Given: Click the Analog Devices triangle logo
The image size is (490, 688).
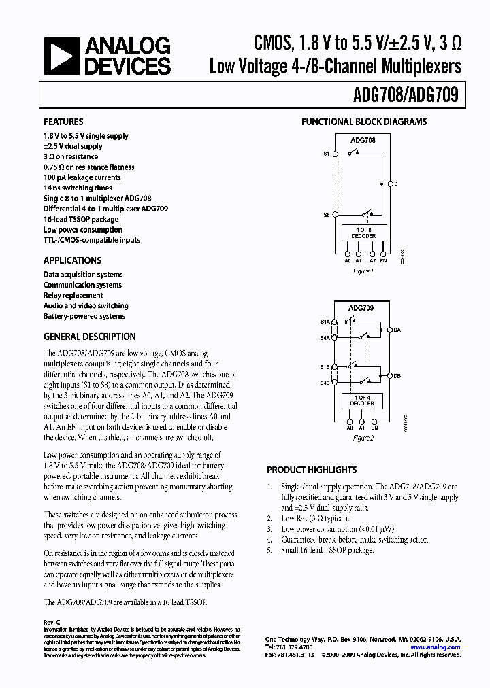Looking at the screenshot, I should tap(60, 56).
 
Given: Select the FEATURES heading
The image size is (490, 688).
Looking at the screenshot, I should tap(63, 122).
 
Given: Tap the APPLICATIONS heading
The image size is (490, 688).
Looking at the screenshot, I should tap(72, 260).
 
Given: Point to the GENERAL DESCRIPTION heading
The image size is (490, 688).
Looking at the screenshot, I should tap(89, 337).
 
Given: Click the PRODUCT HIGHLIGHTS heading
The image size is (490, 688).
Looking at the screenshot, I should tap(312, 470).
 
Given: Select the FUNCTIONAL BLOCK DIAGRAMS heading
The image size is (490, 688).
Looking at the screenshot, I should tap(364, 122).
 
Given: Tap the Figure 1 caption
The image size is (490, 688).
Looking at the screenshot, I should tap(363, 271).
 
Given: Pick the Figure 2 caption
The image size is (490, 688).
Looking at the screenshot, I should tap(363, 438).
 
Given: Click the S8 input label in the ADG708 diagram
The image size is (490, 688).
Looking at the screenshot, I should tap(327, 214).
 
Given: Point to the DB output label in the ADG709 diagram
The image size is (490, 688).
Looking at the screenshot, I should tap(397, 375).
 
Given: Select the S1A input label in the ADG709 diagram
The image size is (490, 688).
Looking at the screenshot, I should tap(325, 322).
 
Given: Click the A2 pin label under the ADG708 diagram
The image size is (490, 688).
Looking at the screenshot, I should tap(372, 260).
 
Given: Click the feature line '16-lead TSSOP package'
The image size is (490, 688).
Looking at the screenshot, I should tap(81, 220).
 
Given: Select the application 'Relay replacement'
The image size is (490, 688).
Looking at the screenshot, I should tap(73, 296).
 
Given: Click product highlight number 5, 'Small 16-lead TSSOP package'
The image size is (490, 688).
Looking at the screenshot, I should tap(327, 550).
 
